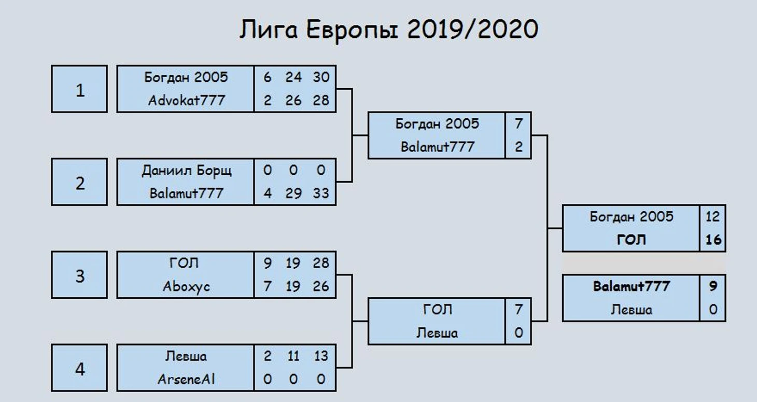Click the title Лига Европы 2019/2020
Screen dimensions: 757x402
point(389,30)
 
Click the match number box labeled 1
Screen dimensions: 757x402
point(79,89)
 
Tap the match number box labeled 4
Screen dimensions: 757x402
point(79,368)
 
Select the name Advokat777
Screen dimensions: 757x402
point(187,101)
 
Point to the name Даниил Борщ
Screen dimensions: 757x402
point(187,171)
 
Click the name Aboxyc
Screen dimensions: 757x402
point(186,287)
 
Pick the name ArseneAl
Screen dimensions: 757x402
point(186,379)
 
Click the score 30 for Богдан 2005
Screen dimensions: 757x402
point(321,77)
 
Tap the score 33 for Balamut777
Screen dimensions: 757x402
point(321,193)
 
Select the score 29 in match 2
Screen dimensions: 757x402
point(293,193)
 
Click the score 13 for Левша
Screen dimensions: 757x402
point(321,356)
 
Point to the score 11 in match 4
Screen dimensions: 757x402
point(293,356)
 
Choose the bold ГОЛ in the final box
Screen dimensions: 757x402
point(632,240)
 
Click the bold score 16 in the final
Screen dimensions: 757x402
point(713,240)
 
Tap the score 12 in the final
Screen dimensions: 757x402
point(713,217)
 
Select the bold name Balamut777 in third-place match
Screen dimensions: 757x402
point(632,286)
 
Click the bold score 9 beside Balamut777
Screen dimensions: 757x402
point(713,286)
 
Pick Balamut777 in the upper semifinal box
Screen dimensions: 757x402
point(438,147)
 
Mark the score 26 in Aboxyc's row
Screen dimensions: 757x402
point(321,286)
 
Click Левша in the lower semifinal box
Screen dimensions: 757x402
point(437,333)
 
